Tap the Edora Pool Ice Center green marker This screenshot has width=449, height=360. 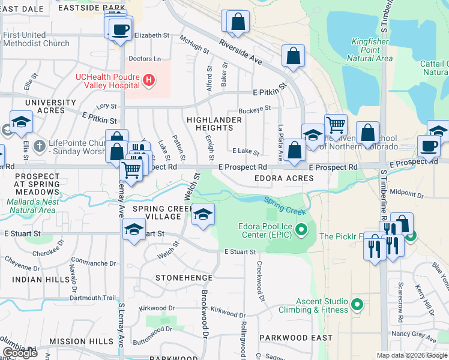pyautogui.click(x=302, y=229)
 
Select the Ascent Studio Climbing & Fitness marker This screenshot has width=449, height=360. pyautogui.click(x=358, y=305)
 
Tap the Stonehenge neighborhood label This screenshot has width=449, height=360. pyautogui.click(x=184, y=278)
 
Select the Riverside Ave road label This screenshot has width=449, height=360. pyautogui.click(x=241, y=52)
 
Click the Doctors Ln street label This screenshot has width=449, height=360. pyautogui.click(x=145, y=59)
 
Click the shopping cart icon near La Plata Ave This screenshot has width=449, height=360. pyautogui.click(x=336, y=125)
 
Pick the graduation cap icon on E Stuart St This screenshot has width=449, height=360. pyautogui.click(x=134, y=229)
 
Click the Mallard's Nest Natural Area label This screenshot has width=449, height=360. pyautogui.click(x=31, y=206)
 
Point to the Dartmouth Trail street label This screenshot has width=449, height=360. pyautogui.click(x=91, y=298)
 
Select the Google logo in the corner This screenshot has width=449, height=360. pyautogui.click(x=20, y=353)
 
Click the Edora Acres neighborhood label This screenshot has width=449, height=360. pyautogui.click(x=284, y=178)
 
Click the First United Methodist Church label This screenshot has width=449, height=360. pyautogui.click(x=36, y=39)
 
